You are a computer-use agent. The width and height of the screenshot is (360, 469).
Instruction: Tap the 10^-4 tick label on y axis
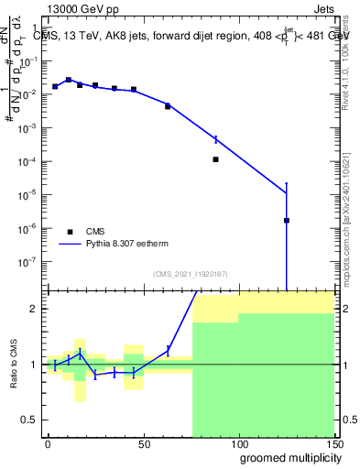click(x=29, y=161)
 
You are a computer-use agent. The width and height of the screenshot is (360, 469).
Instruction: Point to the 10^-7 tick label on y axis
click(x=29, y=261)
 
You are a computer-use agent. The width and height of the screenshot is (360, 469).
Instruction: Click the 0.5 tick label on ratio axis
click(x=31, y=420)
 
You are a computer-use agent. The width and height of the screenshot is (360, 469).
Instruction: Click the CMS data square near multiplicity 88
click(x=215, y=159)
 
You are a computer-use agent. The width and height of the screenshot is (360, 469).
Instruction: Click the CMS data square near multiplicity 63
click(x=168, y=106)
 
